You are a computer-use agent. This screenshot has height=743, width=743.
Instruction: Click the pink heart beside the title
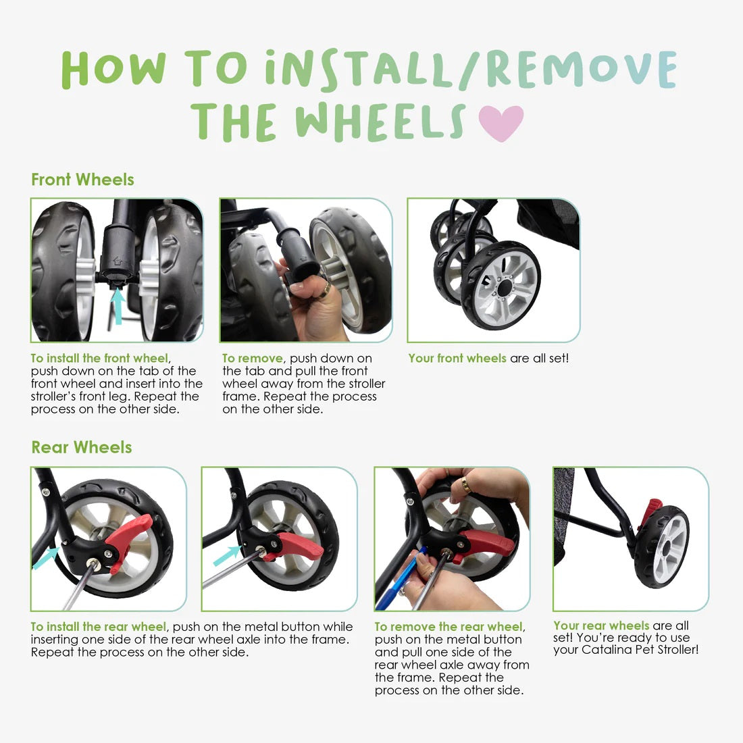click(501, 122)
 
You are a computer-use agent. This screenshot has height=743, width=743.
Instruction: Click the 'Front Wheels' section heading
click(82, 180)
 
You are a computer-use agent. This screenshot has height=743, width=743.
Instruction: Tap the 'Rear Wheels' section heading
click(82, 447)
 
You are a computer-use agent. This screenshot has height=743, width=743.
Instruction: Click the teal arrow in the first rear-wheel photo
click(46, 558)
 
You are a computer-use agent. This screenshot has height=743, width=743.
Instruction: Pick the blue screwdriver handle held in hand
click(398, 580)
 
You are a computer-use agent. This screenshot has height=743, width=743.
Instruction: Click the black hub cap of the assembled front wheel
click(505, 287)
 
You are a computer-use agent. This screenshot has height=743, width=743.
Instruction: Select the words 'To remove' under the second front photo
click(252, 358)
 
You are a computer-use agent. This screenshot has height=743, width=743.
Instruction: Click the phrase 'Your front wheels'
click(457, 358)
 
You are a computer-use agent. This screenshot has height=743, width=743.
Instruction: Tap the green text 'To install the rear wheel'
click(99, 626)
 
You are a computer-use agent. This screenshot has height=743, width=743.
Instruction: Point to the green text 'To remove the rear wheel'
click(449, 626)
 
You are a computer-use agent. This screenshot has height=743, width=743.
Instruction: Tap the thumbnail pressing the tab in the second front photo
click(297, 287)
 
